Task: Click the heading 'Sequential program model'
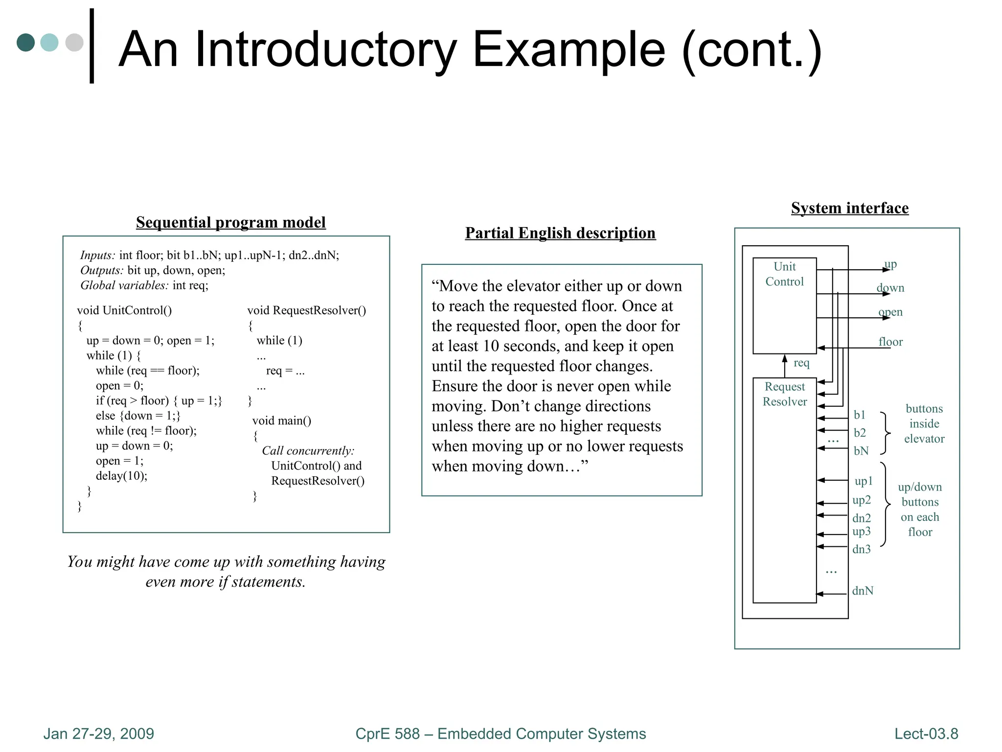(x=230, y=222)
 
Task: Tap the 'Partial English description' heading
(x=560, y=233)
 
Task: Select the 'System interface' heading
(x=850, y=208)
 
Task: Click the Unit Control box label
(x=785, y=274)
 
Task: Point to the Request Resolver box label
(x=785, y=394)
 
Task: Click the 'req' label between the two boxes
(x=801, y=363)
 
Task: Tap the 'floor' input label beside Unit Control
(x=890, y=342)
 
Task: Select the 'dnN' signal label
(x=863, y=591)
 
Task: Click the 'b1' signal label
(x=860, y=415)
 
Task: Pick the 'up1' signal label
(x=864, y=481)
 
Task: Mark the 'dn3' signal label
(x=862, y=549)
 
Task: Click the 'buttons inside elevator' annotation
(x=924, y=424)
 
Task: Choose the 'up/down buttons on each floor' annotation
(x=920, y=510)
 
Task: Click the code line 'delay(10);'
(x=121, y=476)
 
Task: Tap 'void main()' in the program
(x=282, y=421)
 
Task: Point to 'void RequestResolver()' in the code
(x=307, y=310)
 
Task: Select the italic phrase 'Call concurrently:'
(x=308, y=451)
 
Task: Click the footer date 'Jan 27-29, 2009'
(x=99, y=734)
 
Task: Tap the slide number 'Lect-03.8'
(x=926, y=734)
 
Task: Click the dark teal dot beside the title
(x=26, y=43)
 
